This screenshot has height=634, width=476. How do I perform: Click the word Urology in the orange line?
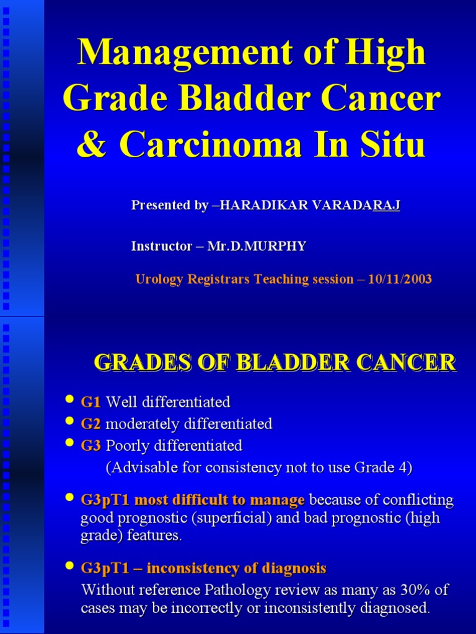coord(157,279)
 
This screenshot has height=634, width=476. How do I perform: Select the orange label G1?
coord(90,402)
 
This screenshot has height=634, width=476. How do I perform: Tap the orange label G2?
coord(90,424)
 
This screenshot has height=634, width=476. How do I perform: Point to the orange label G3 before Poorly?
coord(90,446)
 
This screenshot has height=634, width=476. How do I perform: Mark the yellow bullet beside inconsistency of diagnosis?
coord(70,566)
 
